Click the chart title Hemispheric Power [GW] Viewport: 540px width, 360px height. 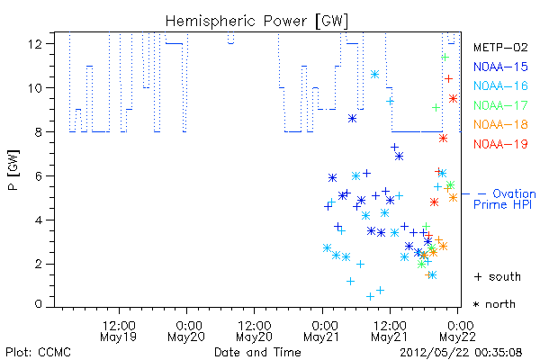[x=256, y=22]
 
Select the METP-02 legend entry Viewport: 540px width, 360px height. [x=500, y=47]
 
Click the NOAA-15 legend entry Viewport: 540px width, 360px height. [x=500, y=67]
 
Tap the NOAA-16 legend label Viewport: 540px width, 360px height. [x=500, y=85]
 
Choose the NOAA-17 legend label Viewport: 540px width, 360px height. [x=500, y=105]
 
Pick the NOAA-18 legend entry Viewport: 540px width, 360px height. [x=500, y=124]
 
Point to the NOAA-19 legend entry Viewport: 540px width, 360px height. [x=500, y=144]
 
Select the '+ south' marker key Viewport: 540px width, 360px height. [x=498, y=276]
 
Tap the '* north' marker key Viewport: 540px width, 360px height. [x=494, y=304]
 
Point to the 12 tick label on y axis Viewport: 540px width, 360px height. [x=35, y=44]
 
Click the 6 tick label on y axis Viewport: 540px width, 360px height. [x=38, y=176]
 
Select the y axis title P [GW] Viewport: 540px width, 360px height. [x=13, y=170]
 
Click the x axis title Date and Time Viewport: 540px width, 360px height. [x=257, y=352]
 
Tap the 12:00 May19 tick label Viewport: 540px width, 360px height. [x=119, y=330]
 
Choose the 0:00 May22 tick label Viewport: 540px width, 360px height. [x=458, y=330]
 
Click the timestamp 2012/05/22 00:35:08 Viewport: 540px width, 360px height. [x=461, y=353]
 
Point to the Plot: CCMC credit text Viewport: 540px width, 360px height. [x=38, y=353]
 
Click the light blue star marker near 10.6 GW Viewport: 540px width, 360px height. [x=374, y=74]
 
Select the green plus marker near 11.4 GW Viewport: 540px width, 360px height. [x=445, y=57]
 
